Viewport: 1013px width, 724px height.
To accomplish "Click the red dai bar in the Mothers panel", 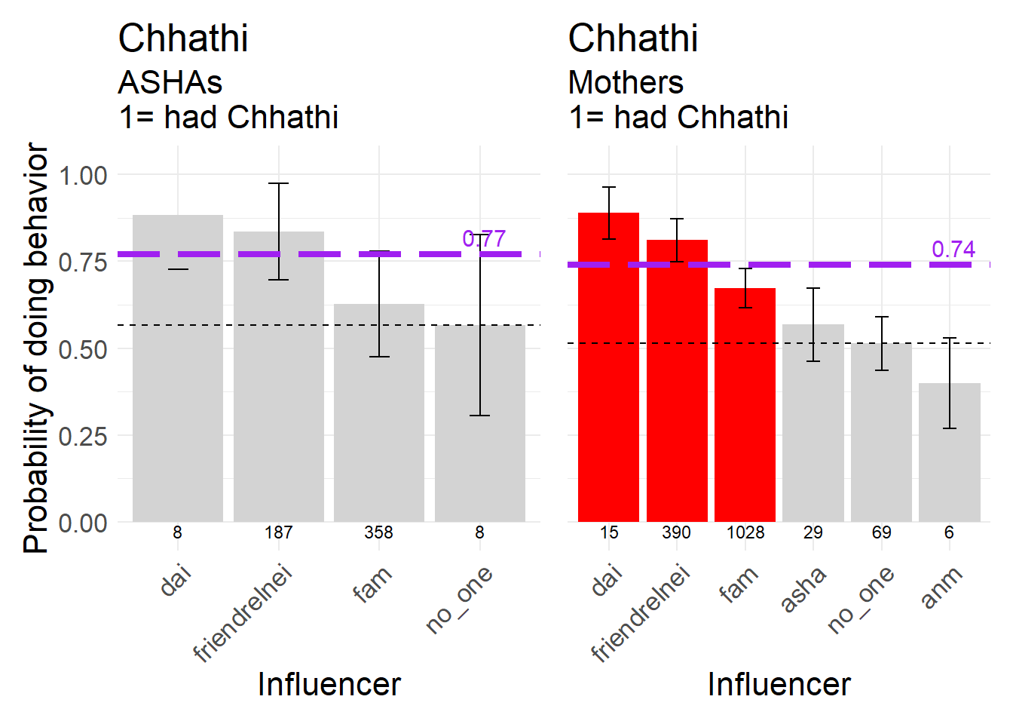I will coord(608,377).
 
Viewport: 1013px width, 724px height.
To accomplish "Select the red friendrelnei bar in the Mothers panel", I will coord(677,392).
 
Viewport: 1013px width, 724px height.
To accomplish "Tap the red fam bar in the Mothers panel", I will coord(745,407).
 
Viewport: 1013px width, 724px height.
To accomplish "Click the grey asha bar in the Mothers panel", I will coord(813,430).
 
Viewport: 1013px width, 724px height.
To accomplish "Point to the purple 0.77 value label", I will coord(484,239).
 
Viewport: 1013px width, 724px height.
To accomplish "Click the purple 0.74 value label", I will coord(953,250).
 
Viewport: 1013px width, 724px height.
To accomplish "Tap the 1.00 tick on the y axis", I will coord(83,176).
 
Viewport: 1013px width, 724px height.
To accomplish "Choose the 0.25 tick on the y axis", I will coord(83,436).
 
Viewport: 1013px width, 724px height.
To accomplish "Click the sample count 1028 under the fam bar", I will coord(745,532).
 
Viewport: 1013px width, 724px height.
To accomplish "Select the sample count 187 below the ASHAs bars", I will coord(278,532).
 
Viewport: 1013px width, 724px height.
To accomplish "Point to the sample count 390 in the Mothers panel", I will coord(676,532).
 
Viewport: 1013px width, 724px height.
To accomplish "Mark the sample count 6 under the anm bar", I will coord(949,532).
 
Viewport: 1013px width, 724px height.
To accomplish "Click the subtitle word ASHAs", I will coord(170,82).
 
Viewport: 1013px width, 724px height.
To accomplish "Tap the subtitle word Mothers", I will coord(626,82).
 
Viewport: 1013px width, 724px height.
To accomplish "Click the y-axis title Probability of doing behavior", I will coord(36,348).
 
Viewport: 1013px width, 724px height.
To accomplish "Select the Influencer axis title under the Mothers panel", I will coord(779,684).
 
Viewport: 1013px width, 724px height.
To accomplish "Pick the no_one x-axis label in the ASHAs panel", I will coord(459,600).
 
